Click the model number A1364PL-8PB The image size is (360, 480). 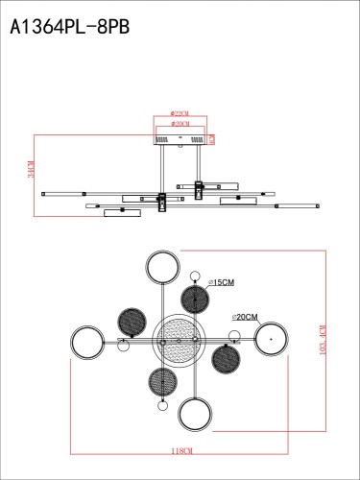click(x=69, y=28)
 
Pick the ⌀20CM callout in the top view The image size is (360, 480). click(x=245, y=316)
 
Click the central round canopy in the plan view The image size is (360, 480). click(x=179, y=339)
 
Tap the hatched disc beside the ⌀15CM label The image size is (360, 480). click(x=195, y=300)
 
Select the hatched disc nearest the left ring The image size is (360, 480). click(x=131, y=322)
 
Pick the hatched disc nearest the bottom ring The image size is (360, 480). click(x=161, y=379)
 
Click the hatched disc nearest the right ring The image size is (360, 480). click(x=227, y=359)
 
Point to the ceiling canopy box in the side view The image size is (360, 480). click(x=179, y=138)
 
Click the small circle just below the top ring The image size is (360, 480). click(x=196, y=276)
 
